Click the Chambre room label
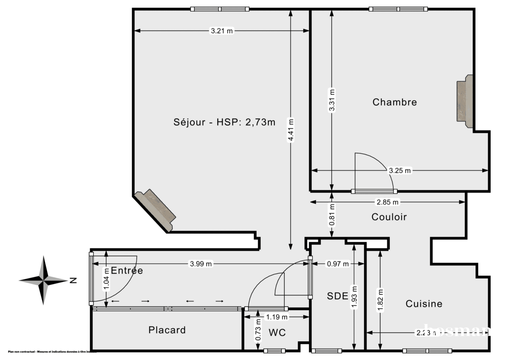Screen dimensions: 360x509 pyautogui.click(x=394, y=102)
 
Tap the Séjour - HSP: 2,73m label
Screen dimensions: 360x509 pyautogui.click(x=224, y=123)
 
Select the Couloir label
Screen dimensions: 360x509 pyautogui.click(x=389, y=217)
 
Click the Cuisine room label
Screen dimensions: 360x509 pyautogui.click(x=424, y=304)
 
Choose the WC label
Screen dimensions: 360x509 pyautogui.click(x=277, y=333)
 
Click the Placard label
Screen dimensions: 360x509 pyautogui.click(x=167, y=330)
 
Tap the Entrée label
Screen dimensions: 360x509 pyautogui.click(x=126, y=271)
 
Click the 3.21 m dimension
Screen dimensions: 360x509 pyautogui.click(x=221, y=31)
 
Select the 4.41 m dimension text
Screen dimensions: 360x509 pyautogui.click(x=291, y=130)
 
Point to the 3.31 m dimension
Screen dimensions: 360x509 pyautogui.click(x=332, y=100)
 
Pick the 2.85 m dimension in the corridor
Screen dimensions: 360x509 pyautogui.click(x=388, y=202)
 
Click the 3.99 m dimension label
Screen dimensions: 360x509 pyautogui.click(x=201, y=264)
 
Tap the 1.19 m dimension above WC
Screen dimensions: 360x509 pyautogui.click(x=277, y=317)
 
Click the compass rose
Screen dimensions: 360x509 pyautogui.click(x=44, y=280)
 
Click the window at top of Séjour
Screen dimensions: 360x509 pyautogui.click(x=219, y=9)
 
